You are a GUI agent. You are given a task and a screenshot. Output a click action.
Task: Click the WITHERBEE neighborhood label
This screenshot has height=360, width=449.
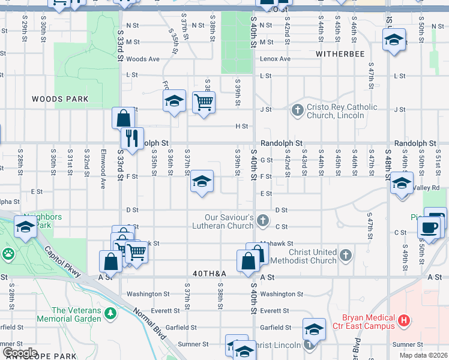(x=340, y=53)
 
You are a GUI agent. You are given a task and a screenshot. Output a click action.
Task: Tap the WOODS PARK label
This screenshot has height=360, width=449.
(x=60, y=99)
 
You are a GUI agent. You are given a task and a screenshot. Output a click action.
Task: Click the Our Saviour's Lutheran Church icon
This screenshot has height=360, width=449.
(x=262, y=221)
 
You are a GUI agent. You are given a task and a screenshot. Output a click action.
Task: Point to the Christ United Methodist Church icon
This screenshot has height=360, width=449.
(x=345, y=256)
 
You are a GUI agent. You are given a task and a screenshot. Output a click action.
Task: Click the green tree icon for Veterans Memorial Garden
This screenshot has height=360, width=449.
(x=110, y=314)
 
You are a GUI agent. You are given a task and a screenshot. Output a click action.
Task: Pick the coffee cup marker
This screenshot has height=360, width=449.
(x=429, y=227)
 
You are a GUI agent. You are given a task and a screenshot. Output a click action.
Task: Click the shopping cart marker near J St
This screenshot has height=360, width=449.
(x=204, y=103)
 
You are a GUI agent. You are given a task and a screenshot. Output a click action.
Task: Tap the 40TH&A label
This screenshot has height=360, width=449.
(x=209, y=274)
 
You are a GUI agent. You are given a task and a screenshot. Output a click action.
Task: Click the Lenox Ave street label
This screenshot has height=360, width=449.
(x=275, y=59)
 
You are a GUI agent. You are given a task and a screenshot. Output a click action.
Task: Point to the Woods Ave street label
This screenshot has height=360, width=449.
(x=143, y=59)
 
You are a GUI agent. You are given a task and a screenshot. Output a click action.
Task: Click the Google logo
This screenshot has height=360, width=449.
(x=20, y=353)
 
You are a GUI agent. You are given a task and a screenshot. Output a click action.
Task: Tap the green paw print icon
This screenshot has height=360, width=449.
(x=8, y=254)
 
